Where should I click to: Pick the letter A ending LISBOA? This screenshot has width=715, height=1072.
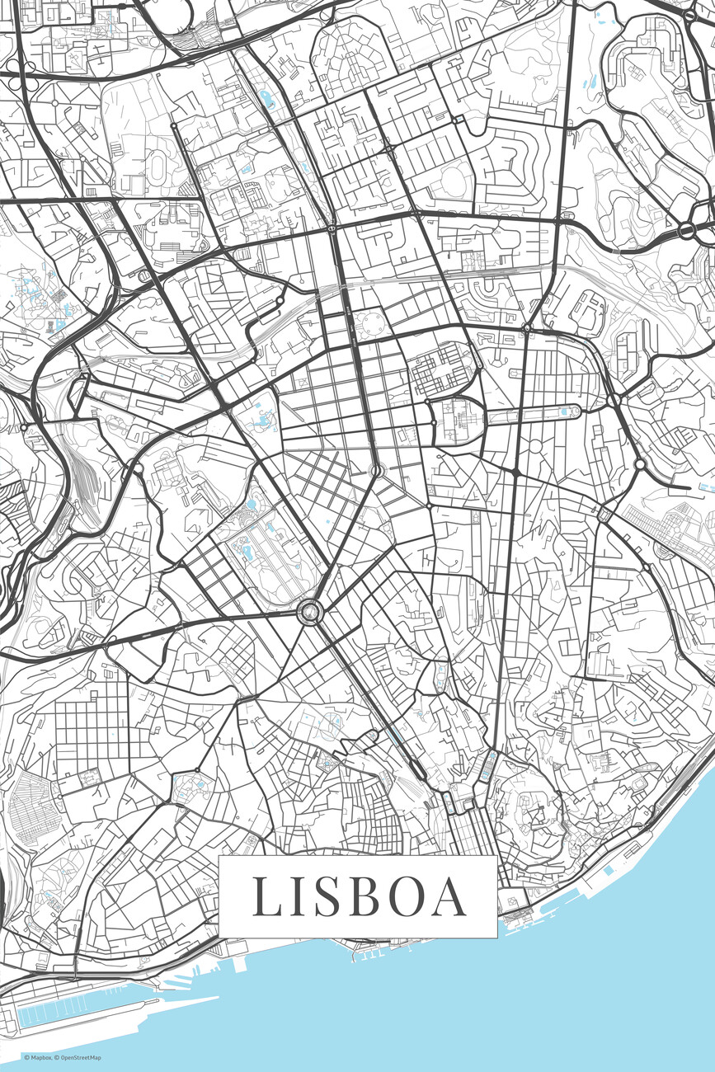point(450,896)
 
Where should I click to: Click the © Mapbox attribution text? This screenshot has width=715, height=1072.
point(38,1058)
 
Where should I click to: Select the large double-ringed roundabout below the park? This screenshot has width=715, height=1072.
point(310,611)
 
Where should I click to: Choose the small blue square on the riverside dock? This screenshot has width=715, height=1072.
point(608,871)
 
